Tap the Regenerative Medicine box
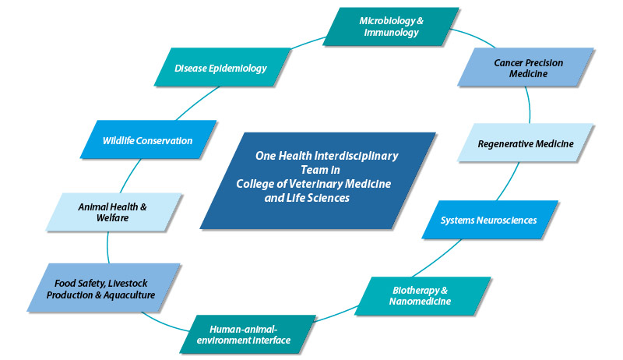coord(525,144)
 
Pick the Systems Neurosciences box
coord(489,221)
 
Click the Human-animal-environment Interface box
coord(248,334)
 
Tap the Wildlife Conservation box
coord(147,141)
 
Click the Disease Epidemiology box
coord(220,68)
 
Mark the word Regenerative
coord(509,144)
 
